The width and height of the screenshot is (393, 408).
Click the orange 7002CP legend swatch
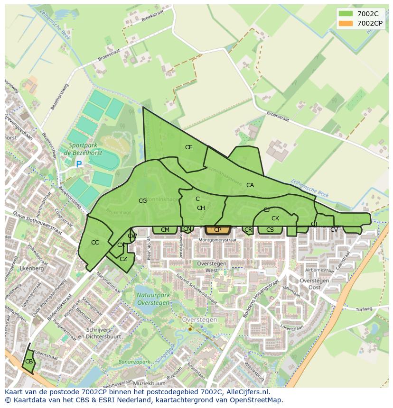point(346,23)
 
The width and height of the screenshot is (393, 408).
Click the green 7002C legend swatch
point(346,14)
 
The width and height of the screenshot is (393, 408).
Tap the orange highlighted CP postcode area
point(218,230)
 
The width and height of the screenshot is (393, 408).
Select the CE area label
point(189,147)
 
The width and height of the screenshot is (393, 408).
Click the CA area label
point(250,185)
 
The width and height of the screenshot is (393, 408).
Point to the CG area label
point(142,201)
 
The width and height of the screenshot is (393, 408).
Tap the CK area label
point(275,218)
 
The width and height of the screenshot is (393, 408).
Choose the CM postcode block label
point(165,230)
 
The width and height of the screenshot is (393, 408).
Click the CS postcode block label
point(270,230)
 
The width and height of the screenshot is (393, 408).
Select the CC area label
point(95,243)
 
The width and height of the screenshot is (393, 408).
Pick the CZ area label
point(123,259)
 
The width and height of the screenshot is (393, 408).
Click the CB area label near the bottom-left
point(29,362)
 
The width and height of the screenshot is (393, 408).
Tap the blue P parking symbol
point(79,164)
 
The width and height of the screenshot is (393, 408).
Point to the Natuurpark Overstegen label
point(153,299)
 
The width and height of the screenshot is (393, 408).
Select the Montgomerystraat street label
point(217,240)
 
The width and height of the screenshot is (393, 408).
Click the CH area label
point(201,208)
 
